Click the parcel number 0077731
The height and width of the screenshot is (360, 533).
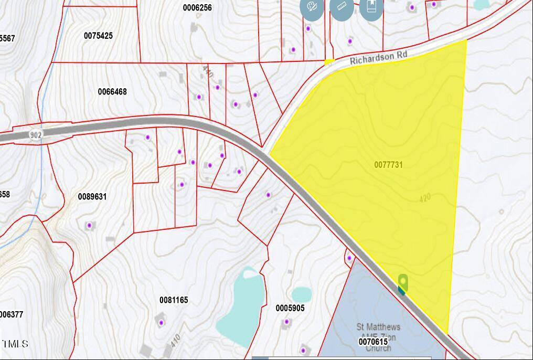pos(388,165)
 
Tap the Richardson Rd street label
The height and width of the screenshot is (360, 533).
pos(378,57)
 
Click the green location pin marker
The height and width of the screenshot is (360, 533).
pos(403,282)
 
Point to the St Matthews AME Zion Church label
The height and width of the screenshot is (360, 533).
pos(378,336)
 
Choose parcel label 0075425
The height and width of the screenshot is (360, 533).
pos(98,36)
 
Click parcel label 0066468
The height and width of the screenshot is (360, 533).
pos(112,92)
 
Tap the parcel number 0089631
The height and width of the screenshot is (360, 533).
pos(92,197)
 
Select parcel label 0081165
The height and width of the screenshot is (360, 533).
pos(174,300)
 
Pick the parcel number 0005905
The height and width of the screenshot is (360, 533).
pos(290,308)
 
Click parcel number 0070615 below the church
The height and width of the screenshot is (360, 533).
pos(373,342)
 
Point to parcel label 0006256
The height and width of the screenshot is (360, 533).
pos(197,8)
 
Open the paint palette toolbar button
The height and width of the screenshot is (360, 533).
pos(312,7)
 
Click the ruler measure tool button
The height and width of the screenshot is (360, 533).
pos(342,7)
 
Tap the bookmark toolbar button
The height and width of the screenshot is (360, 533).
pos(371,7)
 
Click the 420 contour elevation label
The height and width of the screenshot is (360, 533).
pos(425,198)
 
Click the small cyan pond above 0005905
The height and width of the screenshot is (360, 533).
pos(301,294)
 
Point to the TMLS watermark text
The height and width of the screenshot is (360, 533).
pos(14,344)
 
